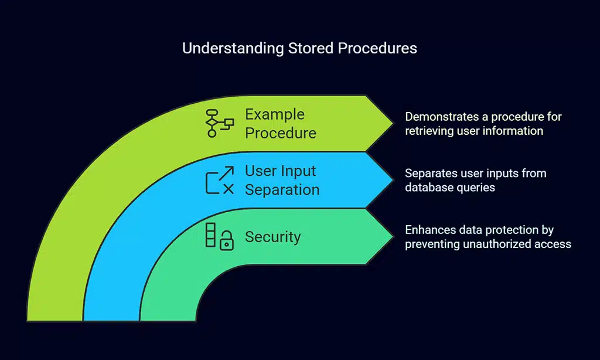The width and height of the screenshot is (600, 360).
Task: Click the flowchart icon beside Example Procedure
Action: pos(219,123)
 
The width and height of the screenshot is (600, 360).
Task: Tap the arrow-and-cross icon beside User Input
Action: pos(219,180)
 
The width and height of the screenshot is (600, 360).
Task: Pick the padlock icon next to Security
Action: pos(226,241)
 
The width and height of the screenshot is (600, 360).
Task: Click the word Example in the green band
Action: pos(274,114)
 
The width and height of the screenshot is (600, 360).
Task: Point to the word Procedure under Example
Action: pos(280,133)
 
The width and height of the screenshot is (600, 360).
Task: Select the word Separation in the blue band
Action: pos(282,190)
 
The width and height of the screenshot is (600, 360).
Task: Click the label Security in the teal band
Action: pos(272,237)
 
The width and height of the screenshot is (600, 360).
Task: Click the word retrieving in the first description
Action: pos(430,130)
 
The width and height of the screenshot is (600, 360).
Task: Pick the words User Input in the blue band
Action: pos(280,171)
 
